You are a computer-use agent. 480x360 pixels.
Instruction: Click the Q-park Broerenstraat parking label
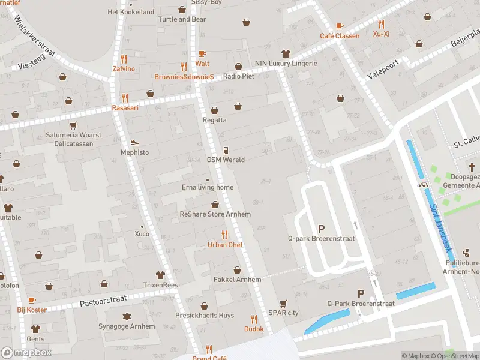[321, 239]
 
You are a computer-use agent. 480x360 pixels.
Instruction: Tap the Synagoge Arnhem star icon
[127, 316]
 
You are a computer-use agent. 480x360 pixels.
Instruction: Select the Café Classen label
[340, 36]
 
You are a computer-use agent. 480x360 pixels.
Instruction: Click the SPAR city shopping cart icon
[283, 303]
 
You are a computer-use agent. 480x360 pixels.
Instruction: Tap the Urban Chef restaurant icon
[225, 235]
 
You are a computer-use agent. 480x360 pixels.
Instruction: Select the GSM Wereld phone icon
[226, 150]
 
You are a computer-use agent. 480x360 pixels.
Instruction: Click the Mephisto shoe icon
[134, 143]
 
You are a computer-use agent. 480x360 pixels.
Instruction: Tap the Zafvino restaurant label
[124, 69]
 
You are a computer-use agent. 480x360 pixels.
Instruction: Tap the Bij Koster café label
[32, 310]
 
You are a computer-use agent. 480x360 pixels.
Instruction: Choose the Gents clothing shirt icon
[35, 329]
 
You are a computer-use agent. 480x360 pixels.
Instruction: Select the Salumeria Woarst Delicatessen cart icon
[73, 125]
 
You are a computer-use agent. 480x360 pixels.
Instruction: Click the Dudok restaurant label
[253, 329]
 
